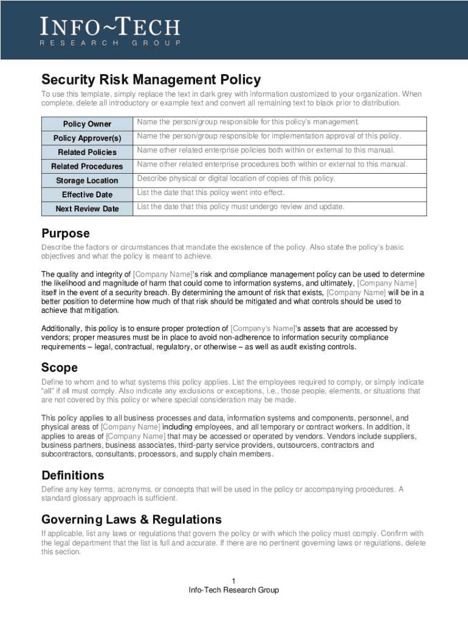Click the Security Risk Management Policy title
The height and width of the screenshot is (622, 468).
(x=151, y=80)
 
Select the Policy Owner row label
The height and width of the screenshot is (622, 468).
(x=87, y=124)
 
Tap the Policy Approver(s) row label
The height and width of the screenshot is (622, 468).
(x=87, y=138)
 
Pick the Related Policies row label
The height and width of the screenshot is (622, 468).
(x=87, y=152)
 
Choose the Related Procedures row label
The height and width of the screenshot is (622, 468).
(x=87, y=166)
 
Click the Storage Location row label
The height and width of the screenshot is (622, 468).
(x=87, y=180)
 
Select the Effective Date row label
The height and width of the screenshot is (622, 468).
(x=87, y=194)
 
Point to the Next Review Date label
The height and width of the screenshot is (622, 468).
(x=87, y=208)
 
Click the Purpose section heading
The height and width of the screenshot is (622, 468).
(x=65, y=233)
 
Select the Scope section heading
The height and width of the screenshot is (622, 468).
(x=59, y=367)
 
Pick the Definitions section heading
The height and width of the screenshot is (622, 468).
(x=72, y=475)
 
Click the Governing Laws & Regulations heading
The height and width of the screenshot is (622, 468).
(x=131, y=519)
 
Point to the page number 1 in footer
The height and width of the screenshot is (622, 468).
(x=233, y=580)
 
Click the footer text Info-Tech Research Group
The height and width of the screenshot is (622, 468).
(x=233, y=590)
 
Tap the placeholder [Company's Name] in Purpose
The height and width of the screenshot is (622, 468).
(x=262, y=328)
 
